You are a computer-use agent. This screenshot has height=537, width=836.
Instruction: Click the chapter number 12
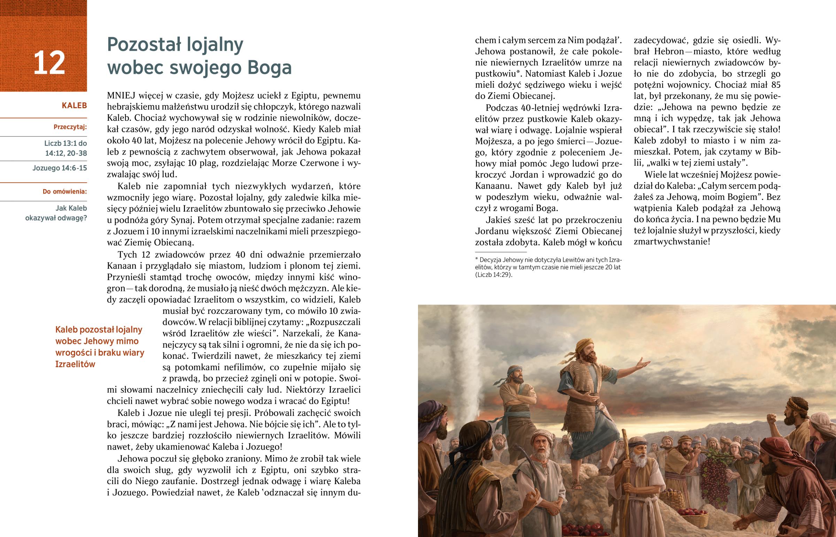pos(49,63)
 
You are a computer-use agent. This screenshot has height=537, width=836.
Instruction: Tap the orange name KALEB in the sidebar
pos(74,106)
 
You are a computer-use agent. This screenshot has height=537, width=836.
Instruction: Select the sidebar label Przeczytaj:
pos(70,127)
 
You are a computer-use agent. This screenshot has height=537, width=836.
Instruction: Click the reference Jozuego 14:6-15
pos(60,168)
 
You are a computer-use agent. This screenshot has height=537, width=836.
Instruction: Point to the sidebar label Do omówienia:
pos(64,191)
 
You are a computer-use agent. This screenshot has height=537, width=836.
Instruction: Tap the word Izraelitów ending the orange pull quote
pos(75,364)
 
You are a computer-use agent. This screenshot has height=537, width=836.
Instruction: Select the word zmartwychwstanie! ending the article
pos(672,242)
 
